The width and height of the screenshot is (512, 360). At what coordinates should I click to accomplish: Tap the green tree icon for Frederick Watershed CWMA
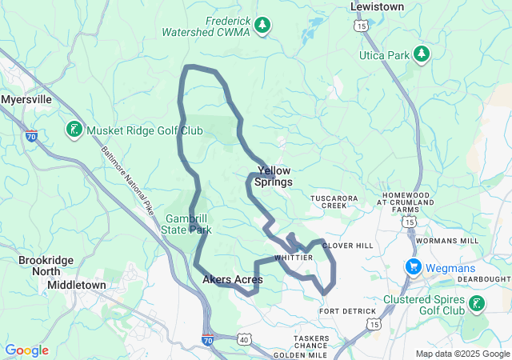(x=262, y=27)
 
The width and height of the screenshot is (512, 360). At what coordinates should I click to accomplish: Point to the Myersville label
(x=26, y=100)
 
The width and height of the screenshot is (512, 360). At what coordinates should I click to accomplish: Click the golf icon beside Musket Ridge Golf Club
(x=73, y=130)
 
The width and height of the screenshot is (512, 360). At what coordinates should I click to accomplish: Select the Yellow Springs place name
(x=274, y=176)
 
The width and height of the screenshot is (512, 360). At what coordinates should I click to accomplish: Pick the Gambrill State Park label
(x=188, y=224)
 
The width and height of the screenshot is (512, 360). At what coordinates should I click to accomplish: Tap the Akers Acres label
(x=232, y=279)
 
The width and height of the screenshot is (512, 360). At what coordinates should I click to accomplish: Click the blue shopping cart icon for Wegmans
(x=414, y=266)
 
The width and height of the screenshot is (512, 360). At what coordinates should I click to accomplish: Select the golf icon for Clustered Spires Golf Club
(x=477, y=303)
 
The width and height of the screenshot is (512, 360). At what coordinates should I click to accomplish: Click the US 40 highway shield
(x=243, y=339)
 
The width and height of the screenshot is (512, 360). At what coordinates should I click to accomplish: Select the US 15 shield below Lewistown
(x=362, y=27)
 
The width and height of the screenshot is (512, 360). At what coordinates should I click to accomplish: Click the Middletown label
(x=76, y=285)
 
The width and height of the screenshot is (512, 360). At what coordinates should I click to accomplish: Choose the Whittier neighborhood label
(x=294, y=258)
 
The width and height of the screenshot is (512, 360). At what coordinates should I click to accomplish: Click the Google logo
(x=27, y=350)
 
